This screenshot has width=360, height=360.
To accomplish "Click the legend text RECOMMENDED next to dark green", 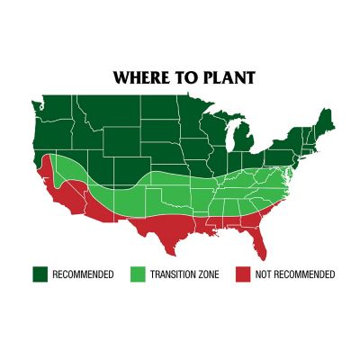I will coord(83,274).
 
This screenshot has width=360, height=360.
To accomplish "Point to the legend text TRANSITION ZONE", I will coord(185,274).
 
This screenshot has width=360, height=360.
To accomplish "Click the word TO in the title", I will coord(185,77).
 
